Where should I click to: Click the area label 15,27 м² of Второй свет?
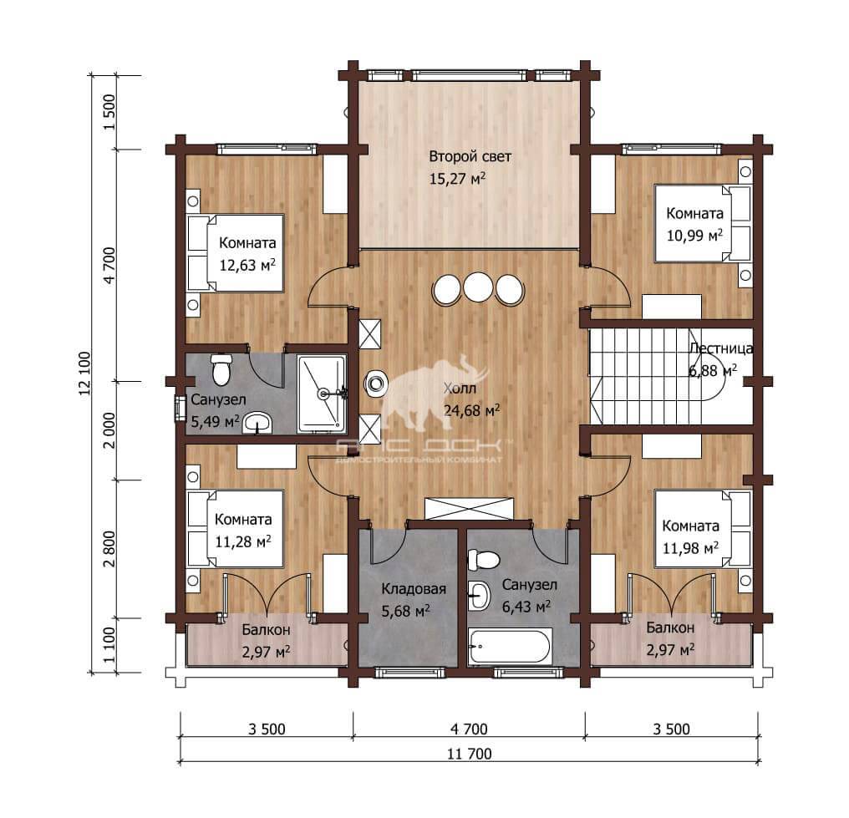[457, 178]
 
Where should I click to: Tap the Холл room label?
[460, 389]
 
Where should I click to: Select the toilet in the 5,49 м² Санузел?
[221, 369]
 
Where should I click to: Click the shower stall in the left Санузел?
[322, 394]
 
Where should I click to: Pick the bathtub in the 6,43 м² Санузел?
[511, 646]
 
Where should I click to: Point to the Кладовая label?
[414, 589]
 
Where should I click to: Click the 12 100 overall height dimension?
[85, 373]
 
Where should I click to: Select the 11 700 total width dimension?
[470, 754]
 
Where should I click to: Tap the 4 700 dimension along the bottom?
[469, 729]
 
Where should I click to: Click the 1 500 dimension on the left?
[109, 112]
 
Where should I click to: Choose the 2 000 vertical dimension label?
[109, 430]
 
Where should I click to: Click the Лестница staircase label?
[720, 348]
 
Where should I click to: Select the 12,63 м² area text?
[247, 265]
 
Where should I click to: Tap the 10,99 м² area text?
[694, 236]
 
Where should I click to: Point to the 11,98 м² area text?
[691, 548]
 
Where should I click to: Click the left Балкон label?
[266, 630]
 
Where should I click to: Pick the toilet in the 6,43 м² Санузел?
[483, 560]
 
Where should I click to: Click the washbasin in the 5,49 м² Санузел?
[257, 423]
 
